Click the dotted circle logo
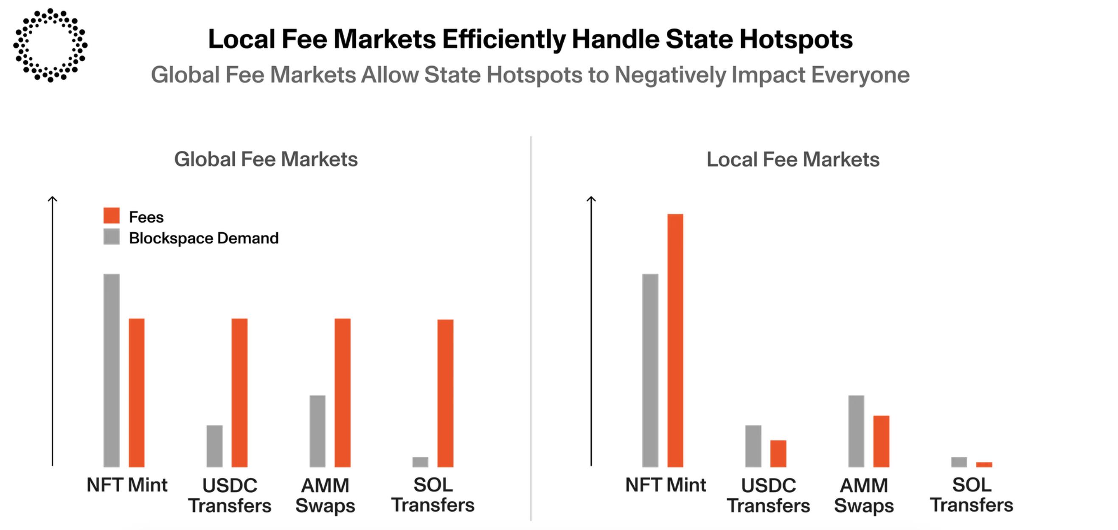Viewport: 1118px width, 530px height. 51,45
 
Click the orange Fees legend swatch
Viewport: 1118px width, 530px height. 112,216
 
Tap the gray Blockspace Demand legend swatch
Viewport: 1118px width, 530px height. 112,237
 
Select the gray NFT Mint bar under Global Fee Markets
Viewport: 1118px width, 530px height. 112,370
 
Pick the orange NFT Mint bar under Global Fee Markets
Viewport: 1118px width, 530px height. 137,393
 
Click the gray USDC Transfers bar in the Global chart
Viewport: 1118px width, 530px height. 214,446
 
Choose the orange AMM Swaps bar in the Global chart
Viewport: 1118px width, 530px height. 343,393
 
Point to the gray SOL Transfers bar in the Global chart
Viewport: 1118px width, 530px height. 420,462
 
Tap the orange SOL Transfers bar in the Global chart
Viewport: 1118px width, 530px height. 445,393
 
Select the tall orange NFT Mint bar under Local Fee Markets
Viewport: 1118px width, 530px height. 675,340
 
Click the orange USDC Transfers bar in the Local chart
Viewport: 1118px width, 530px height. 778,454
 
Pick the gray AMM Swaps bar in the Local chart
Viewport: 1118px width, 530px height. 856,431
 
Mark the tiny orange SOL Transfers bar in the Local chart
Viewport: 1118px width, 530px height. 984,465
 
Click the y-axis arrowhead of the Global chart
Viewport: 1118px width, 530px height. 53,199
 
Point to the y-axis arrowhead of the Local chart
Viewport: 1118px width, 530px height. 591,199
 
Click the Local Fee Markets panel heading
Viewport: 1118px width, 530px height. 793,159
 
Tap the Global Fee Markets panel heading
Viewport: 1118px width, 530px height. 266,159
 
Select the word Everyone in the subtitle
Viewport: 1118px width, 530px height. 860,75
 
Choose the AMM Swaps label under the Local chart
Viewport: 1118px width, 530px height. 864,495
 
